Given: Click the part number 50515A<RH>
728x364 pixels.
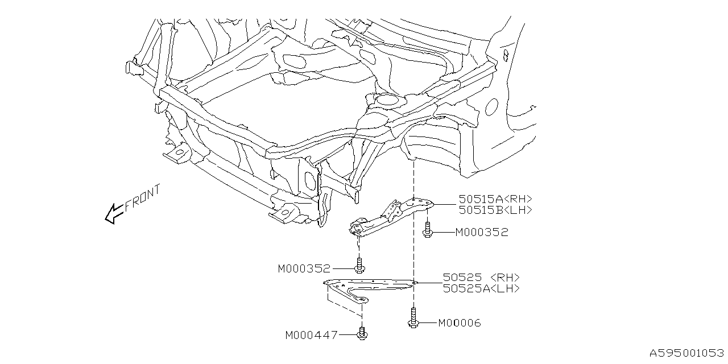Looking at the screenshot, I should [x=495, y=199].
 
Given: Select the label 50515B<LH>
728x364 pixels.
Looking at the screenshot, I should [x=495, y=209].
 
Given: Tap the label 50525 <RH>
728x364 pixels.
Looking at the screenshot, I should [x=481, y=278].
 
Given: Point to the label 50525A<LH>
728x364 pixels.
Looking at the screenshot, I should [x=481, y=288].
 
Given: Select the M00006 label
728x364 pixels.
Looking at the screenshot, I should [x=460, y=323].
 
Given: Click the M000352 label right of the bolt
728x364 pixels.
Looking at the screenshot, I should [x=481, y=232].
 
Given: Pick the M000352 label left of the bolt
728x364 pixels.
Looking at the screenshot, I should [x=304, y=268].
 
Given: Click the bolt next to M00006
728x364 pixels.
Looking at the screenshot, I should [x=413, y=318].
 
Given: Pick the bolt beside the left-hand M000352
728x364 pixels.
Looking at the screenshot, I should [x=359, y=266].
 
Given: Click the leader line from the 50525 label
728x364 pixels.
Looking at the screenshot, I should [x=429, y=281].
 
